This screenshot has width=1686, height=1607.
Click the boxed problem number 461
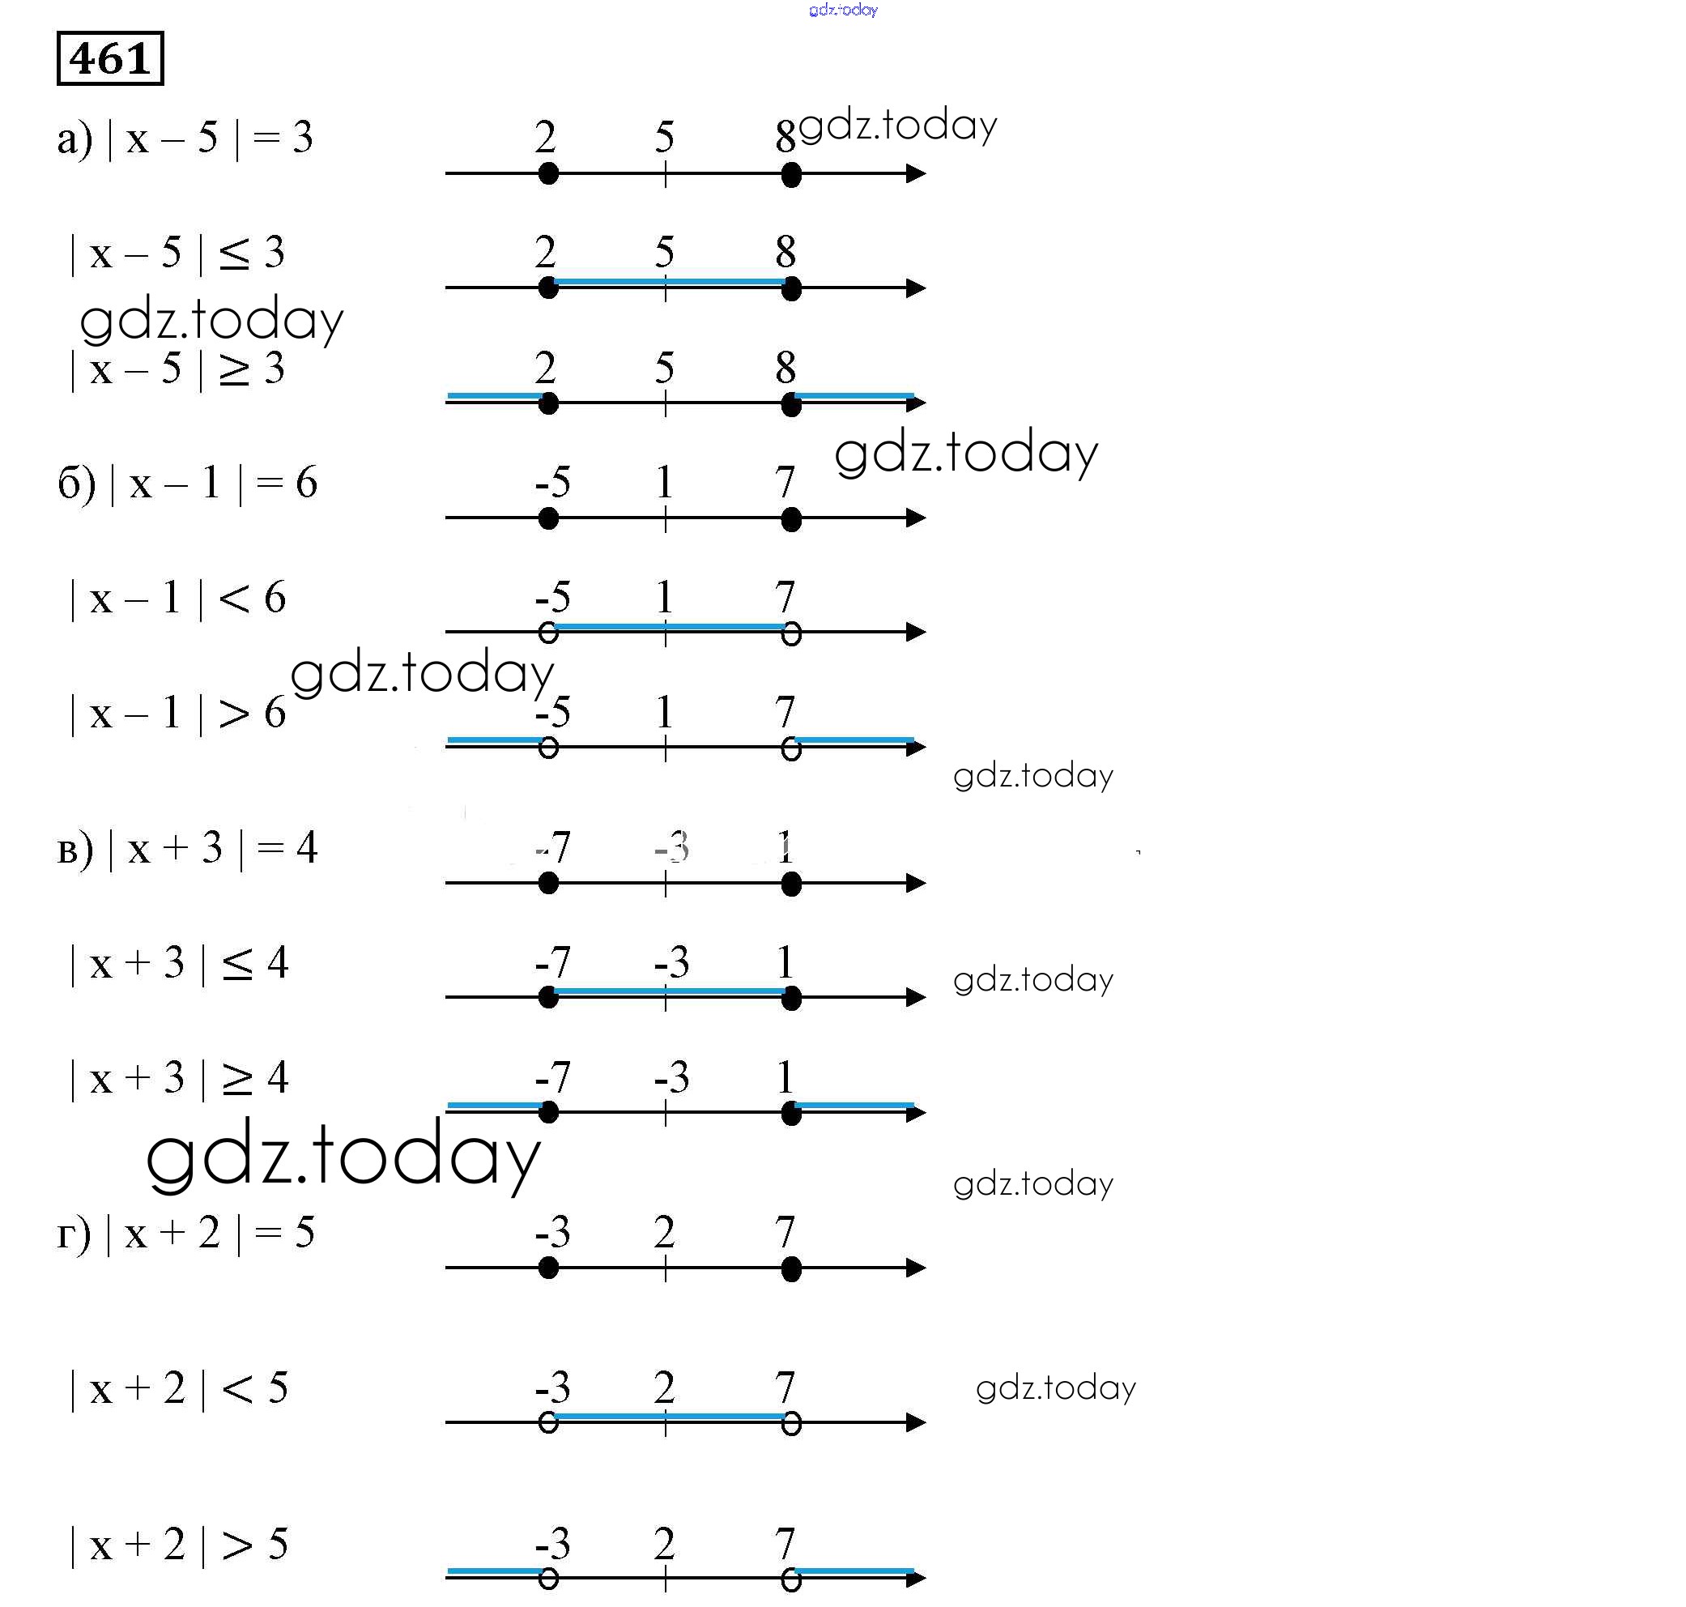109,58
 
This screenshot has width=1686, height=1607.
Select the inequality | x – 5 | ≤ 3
177,254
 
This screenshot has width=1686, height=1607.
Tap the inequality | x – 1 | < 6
177,598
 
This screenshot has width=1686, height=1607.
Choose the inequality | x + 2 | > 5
178,1545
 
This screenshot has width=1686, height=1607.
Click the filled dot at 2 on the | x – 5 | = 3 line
549,174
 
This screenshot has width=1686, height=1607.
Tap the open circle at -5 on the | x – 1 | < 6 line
549,633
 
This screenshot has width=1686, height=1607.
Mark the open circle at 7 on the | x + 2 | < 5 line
791,1424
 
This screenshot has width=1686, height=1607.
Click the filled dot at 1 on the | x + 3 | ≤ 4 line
791,998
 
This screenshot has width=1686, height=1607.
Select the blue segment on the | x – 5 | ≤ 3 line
670,281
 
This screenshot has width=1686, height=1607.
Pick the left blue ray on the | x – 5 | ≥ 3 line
495,396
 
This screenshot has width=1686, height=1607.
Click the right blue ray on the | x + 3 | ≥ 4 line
854,1105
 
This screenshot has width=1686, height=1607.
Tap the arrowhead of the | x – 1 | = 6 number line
915,518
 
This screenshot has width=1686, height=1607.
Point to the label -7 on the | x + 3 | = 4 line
553,848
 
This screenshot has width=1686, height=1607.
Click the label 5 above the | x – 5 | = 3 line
665,137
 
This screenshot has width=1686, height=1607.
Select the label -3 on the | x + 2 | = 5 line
553,1233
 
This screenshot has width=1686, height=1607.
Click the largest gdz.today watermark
343,1156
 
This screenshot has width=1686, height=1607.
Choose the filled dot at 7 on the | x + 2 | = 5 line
791,1268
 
